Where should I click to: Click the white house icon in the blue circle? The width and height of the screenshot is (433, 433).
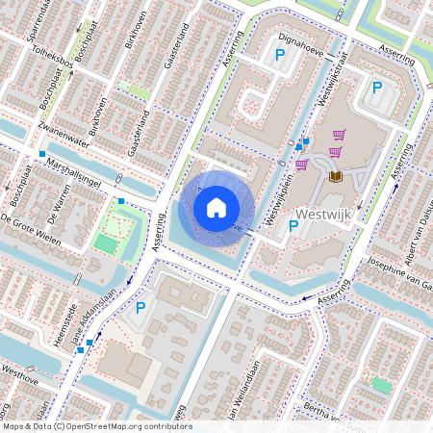[216, 207]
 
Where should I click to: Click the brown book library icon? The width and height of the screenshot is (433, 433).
[335, 176]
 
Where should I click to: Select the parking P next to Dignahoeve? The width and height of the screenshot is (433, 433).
[280, 57]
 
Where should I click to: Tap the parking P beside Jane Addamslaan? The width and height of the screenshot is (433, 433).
[140, 308]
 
